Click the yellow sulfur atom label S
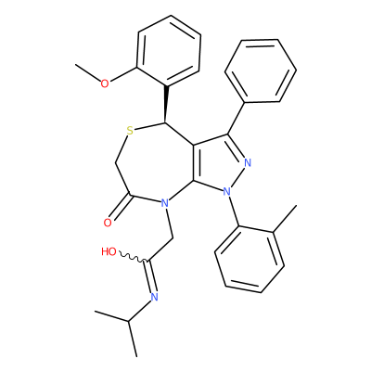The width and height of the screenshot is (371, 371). [130, 131]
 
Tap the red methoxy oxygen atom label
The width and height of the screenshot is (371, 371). [105, 83]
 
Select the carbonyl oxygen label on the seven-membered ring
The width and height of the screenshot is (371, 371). [108, 223]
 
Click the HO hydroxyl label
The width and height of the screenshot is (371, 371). [109, 252]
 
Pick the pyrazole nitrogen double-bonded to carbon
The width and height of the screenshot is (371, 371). [248, 163]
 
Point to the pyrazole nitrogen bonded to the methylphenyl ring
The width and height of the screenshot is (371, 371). [227, 192]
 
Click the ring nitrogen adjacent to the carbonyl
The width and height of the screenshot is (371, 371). [165, 203]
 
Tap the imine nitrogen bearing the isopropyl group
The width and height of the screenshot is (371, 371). [154, 297]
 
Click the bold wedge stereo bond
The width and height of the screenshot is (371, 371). [166, 104]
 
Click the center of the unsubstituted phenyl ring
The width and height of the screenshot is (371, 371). [261, 70]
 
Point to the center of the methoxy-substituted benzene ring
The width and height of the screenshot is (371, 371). [169, 50]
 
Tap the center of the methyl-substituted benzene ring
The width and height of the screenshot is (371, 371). [249, 260]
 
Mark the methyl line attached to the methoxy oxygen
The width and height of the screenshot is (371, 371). [88, 72]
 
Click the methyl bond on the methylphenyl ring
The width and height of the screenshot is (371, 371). [285, 218]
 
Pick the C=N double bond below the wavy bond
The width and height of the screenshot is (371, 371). [150, 276]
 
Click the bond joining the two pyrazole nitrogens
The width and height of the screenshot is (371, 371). [237, 177]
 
